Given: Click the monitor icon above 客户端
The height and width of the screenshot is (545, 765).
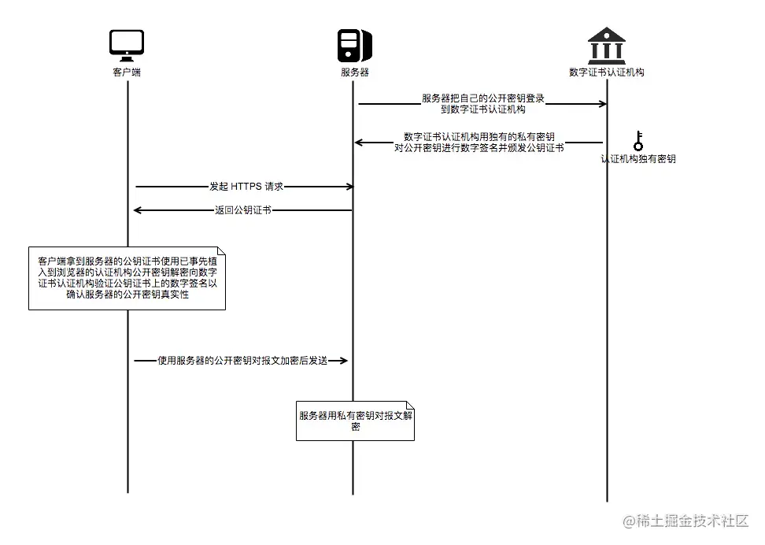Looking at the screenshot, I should [x=127, y=46].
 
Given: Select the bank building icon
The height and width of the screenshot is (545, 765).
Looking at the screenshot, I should [x=606, y=46].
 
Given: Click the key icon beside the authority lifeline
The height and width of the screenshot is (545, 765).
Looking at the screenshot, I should [x=638, y=141].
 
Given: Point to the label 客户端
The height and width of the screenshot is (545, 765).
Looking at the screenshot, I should [x=127, y=72].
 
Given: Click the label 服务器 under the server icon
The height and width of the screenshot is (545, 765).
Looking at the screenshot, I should [x=354, y=72].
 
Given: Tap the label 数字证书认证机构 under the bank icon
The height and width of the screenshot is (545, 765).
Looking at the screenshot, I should [x=607, y=72].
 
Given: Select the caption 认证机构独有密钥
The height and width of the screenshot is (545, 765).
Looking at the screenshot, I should [x=638, y=158].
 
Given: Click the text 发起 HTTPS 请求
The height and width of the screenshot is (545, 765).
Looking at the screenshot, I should [x=246, y=187].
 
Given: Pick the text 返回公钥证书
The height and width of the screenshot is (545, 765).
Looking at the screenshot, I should [x=243, y=210].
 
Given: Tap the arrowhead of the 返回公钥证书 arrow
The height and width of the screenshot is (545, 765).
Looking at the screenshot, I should [x=137, y=210].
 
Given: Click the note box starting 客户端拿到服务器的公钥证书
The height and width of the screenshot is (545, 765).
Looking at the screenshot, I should [x=127, y=278].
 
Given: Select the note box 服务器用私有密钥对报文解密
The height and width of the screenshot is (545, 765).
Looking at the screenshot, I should [x=355, y=421].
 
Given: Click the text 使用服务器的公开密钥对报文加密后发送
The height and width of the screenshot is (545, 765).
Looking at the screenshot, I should [x=242, y=360].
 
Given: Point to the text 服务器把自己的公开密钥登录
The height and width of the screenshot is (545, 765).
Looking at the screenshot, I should [x=483, y=98].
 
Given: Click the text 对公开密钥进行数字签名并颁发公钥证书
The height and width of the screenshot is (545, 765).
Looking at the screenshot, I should [x=479, y=147].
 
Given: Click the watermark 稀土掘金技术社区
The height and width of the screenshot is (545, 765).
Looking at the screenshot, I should [x=686, y=521].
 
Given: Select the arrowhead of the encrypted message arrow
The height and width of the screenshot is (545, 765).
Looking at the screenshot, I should [x=343, y=360].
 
